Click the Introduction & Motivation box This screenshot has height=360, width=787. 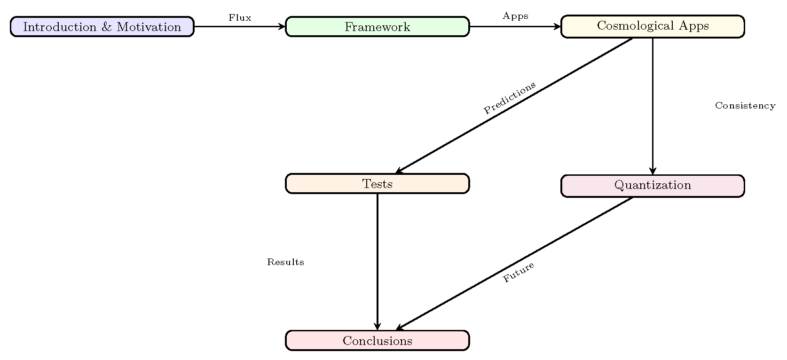tap(102, 27)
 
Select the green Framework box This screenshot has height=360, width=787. tap(377, 27)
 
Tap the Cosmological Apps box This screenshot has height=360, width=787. tap(653, 26)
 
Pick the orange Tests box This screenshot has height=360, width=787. tap(377, 184)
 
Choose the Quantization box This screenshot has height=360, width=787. tap(653, 186)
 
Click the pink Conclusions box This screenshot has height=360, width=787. tap(377, 341)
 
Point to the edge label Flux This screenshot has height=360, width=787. tap(240, 18)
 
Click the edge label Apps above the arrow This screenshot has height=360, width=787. tap(515, 16)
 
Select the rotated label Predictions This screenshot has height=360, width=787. tap(510, 98)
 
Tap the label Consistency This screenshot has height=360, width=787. tap(745, 106)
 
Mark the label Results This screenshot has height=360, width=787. tap(285, 262)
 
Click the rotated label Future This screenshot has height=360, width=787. tap(519, 272)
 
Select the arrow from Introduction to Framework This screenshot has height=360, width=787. tap(240, 27)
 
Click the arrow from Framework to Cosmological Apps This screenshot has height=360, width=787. tap(515, 27)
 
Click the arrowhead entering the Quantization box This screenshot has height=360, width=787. tap(653, 172)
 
